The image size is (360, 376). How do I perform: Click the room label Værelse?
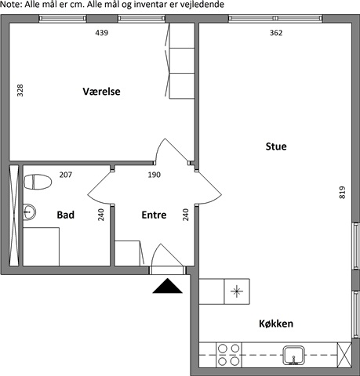101,92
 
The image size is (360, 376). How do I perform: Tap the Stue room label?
276,146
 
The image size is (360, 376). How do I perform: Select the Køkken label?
276,324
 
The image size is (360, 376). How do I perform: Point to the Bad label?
66,215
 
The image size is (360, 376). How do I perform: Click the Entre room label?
154,215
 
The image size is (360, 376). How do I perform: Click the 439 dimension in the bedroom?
102,33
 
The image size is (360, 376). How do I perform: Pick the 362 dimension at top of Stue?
276,33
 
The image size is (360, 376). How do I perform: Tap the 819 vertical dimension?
342,193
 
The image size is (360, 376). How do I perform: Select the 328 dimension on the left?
20,91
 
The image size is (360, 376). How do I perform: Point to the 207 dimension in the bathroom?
66,175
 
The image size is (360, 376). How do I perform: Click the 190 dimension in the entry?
155,175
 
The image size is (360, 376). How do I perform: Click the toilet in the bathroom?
38,182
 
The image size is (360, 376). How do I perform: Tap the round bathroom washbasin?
29,211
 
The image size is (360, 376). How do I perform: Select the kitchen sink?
294,355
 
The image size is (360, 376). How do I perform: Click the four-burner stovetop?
229,355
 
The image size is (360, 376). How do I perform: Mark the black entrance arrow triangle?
167,286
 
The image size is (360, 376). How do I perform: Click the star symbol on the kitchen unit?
237,291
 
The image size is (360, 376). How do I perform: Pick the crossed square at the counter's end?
344,355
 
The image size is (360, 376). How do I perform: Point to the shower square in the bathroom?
41,247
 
